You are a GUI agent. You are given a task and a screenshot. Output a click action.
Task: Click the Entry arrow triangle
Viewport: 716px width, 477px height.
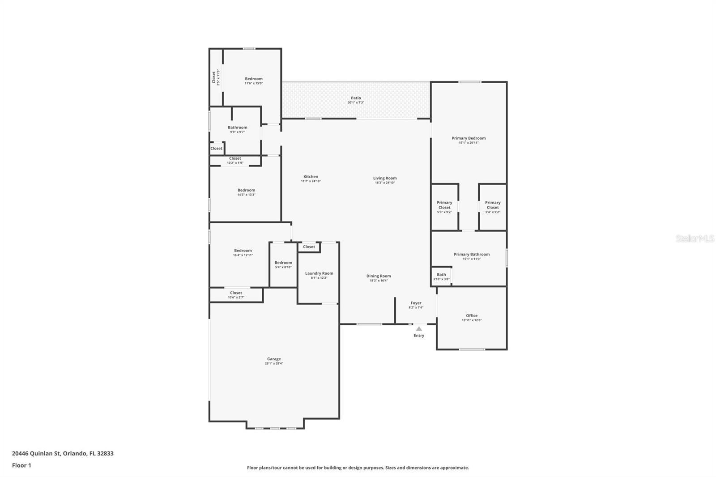tap(419, 329)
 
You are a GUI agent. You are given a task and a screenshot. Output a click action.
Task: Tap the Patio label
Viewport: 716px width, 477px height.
tap(356, 98)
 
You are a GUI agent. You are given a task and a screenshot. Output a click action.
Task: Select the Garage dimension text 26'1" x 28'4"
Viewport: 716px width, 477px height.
tap(274, 364)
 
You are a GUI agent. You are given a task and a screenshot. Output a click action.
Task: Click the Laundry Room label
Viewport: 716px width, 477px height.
tap(319, 273)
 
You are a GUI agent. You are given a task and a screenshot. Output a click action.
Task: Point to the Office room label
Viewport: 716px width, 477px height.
tap(472, 315)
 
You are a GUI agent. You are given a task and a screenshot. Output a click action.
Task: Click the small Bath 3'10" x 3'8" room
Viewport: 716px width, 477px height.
tap(441, 277)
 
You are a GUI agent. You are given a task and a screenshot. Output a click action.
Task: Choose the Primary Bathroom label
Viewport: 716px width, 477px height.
tap(472, 254)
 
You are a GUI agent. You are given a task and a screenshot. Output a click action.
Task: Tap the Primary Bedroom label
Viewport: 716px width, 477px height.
tap(469, 138)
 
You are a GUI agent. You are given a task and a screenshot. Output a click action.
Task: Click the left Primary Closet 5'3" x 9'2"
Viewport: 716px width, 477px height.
tap(444, 207)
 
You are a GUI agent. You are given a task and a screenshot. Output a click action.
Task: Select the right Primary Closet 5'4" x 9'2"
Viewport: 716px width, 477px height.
tap(493, 207)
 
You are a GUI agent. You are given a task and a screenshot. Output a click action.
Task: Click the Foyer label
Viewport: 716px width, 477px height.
tap(416, 303)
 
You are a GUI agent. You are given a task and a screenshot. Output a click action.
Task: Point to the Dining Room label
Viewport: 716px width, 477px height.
tap(379, 276)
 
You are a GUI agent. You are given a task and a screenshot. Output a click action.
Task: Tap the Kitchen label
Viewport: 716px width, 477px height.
tap(311, 177)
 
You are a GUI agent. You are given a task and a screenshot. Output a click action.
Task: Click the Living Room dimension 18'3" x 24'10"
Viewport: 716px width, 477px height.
tap(385, 183)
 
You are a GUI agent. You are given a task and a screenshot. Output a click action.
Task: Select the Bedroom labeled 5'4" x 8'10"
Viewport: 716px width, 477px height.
tap(283, 264)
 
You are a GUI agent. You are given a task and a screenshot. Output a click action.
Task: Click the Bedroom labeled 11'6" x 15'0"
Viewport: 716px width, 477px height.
tap(253, 81)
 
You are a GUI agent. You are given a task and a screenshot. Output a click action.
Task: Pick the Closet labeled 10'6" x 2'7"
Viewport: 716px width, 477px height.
tap(236, 295)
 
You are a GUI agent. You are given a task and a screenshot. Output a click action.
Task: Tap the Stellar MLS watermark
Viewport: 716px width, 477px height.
tap(695, 239)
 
